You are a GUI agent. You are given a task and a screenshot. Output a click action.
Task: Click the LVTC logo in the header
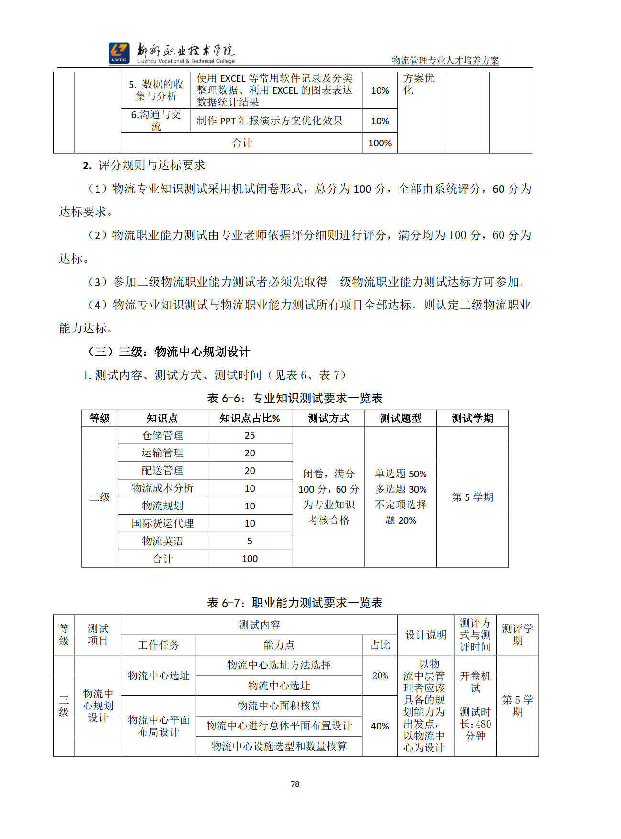pos(119,53)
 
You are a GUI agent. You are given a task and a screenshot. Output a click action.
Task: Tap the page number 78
pos(295,784)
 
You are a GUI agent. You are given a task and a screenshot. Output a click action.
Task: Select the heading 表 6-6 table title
pos(294,398)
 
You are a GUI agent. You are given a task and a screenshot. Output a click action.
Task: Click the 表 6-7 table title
pos(294,603)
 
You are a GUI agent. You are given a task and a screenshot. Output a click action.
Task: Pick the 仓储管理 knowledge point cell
pos(162,435)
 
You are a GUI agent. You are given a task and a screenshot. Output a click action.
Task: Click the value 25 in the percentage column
pos(250,435)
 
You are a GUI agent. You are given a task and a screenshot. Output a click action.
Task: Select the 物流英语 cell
pos(162,541)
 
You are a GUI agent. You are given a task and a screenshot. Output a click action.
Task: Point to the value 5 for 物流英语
pos(250,541)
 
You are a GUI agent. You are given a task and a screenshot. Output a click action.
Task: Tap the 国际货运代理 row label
pos(162,523)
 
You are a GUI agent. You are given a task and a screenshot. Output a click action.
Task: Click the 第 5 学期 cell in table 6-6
pos(472,497)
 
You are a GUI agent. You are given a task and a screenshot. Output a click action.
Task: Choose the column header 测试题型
pos(400,418)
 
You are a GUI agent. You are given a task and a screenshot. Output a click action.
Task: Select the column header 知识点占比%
pos(250,418)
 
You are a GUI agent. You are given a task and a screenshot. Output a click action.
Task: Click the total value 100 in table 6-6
pos(250,559)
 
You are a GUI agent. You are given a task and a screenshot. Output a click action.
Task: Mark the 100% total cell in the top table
pos(380,143)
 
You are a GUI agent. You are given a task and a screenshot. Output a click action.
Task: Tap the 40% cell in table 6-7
pos(380,726)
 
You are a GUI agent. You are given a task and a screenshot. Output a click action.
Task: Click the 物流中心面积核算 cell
pos(279,706)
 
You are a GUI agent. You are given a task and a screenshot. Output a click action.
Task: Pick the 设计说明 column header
pos(425,635)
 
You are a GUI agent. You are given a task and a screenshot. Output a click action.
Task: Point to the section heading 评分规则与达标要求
pos(151,166)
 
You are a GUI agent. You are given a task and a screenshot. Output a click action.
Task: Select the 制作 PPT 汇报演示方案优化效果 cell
pos(270,121)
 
